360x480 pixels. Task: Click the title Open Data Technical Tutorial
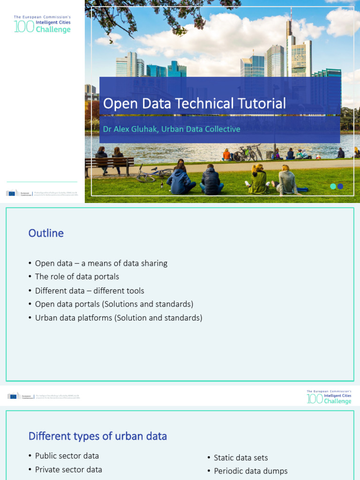[194, 104]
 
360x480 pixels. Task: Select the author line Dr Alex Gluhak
[172, 129]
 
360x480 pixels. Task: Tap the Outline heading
[46, 233]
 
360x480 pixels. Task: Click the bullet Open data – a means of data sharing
[101, 263]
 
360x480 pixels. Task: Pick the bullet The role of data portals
[77, 277]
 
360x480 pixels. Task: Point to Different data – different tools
[90, 291]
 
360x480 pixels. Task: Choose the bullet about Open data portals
[114, 304]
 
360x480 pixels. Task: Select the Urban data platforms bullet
[119, 318]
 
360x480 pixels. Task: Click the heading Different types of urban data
[97, 436]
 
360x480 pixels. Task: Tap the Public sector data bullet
[67, 456]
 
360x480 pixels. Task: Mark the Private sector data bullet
[68, 469]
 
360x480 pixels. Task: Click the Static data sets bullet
[240, 457]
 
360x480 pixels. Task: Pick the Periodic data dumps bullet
[250, 471]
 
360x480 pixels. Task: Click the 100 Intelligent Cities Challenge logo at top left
[42, 24]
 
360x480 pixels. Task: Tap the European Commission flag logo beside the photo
[13, 193]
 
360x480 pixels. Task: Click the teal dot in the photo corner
[333, 186]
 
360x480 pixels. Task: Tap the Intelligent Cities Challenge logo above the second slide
[329, 397]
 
